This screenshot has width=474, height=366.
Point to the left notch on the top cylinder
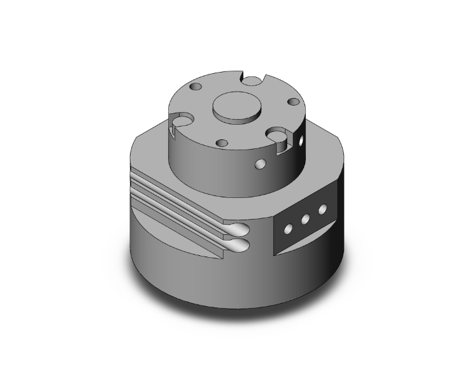point(181,120)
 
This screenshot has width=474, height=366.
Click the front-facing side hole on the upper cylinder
point(259,165)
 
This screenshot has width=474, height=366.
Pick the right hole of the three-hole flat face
point(322,209)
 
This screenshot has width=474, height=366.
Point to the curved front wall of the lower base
point(191,267)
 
